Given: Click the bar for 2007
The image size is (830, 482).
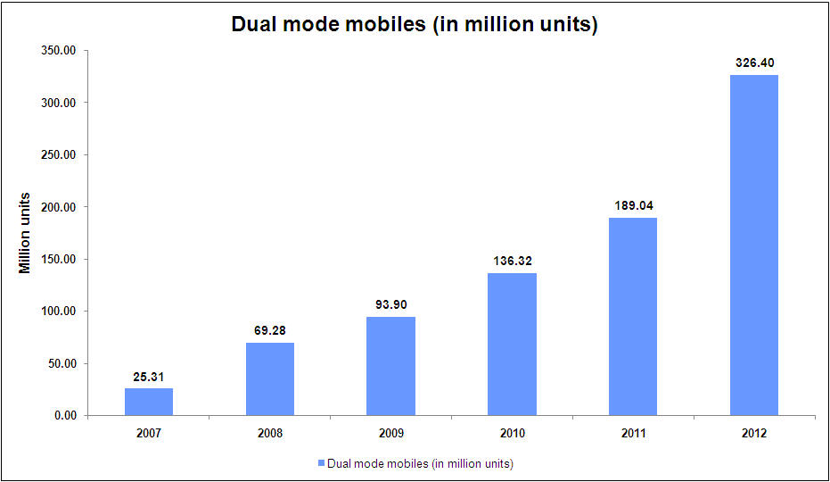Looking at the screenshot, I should point(149,402).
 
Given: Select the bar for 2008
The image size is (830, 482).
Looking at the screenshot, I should point(269,379).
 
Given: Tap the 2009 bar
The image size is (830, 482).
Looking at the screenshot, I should point(390,366).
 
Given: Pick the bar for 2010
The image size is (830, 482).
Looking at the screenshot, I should point(512,345).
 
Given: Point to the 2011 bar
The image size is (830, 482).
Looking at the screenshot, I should point(633,317).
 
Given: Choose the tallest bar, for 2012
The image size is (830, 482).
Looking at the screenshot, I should point(753,245).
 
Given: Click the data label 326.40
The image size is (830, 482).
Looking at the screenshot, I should point(754,63).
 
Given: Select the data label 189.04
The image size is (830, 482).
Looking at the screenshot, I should point(633,206).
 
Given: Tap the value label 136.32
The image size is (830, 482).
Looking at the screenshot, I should point(512,262).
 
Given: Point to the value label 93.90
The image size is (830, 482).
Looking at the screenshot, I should point(390,305).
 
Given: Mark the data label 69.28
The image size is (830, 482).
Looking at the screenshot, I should point(269,331).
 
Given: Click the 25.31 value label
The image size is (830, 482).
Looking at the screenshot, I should point(149,377).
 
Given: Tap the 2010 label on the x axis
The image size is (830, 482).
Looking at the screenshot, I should point(512,433).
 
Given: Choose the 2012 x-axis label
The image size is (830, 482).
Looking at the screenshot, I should point(753,433).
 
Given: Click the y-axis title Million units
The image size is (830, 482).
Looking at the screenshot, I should point(25,233).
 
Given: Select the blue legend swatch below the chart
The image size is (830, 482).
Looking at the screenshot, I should point(321,463).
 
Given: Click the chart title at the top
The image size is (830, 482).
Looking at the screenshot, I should point(415,24).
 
